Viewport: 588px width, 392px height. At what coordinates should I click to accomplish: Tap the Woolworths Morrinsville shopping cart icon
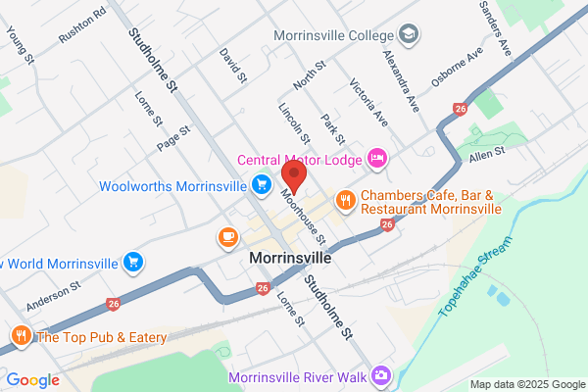pos(261,184)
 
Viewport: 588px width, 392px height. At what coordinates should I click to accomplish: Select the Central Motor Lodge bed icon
pos(378,158)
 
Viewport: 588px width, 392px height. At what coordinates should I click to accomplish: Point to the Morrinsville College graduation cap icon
pos(407,33)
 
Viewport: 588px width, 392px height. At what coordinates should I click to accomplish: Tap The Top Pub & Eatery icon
pos(21,337)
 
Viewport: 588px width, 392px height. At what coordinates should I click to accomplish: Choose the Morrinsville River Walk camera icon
pos(381,375)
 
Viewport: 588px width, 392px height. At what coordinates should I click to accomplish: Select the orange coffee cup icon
pos(227,236)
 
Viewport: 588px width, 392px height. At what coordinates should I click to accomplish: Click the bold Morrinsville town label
pos(291,258)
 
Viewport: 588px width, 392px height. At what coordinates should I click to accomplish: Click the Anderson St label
pos(53,297)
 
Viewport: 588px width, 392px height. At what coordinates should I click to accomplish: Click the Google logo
pos(33,380)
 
